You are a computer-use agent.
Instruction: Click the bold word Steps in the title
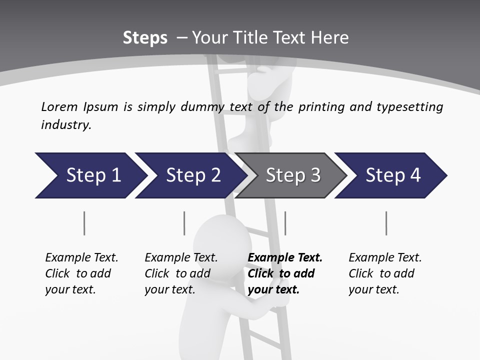145,38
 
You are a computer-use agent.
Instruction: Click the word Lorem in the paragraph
59,106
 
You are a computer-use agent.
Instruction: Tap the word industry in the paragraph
66,125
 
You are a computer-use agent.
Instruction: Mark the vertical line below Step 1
84,223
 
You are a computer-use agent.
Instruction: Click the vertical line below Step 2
184,223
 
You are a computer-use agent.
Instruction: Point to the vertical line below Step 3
285,223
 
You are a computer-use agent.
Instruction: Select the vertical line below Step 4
386,223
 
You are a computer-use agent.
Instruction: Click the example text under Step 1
81,273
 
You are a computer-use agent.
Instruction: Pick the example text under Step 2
181,273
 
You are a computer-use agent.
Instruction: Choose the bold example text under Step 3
284,273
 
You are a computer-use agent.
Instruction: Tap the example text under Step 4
385,273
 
